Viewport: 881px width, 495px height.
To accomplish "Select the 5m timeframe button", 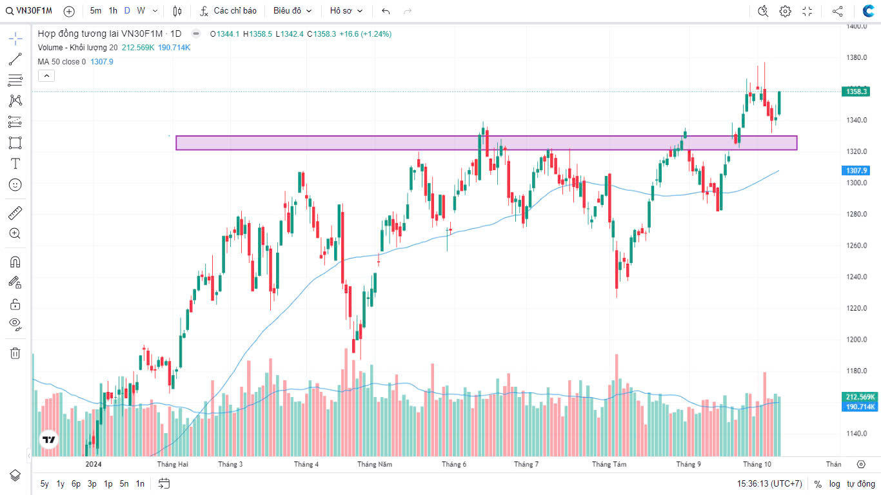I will [x=95, y=11].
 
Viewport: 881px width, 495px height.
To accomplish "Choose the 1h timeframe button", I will [x=113, y=11].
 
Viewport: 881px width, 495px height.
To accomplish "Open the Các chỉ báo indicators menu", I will [x=228, y=11].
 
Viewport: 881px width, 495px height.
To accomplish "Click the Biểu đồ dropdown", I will [x=292, y=11].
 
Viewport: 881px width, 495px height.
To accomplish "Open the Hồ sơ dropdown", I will [x=346, y=11].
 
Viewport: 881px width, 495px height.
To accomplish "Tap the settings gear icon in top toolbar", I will [x=785, y=11].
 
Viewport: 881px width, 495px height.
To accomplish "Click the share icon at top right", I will [x=837, y=11].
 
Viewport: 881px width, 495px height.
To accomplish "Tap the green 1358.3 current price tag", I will [x=856, y=92].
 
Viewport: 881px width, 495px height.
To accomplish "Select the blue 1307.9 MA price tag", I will [x=856, y=171].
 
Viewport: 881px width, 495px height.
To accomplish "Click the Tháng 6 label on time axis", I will [x=454, y=464].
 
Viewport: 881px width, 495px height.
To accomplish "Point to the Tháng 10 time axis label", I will [x=757, y=464].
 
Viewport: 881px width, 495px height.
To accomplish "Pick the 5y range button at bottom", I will [x=45, y=483].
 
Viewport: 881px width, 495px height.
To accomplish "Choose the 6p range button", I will [x=76, y=483].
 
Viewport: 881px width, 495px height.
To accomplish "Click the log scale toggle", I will [x=835, y=483].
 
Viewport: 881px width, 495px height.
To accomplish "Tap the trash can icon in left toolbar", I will [x=15, y=353].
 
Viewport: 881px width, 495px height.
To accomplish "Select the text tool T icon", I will [x=15, y=164].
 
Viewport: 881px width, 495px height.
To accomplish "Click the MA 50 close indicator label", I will [x=62, y=62].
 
